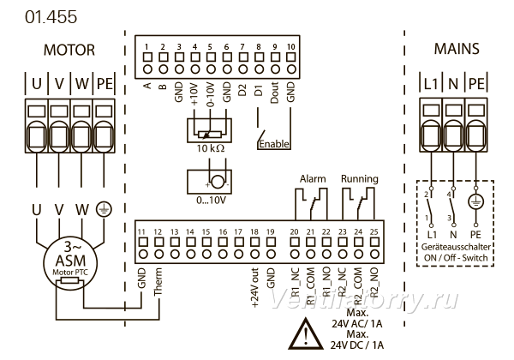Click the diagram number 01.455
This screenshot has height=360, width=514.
pos(51,17)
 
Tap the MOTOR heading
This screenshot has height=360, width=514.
pos(69,51)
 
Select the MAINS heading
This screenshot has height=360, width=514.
pos(457,49)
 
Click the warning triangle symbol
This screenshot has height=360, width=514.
pos(306,333)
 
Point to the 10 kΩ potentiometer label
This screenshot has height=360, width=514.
pos(211,148)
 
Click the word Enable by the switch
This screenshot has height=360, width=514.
pos(274,144)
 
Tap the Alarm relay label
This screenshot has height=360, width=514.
pos(313,179)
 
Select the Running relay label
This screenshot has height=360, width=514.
pos(359,178)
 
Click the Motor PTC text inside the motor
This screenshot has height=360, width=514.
pos(70,272)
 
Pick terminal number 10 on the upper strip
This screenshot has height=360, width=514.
pos(290,46)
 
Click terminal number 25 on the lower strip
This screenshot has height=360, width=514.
pos(374,231)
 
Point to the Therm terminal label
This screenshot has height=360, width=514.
pos(158,281)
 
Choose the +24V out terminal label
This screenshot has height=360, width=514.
pos(254,287)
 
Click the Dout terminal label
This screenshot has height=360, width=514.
pos(274,93)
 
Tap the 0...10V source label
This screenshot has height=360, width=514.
pos(211,200)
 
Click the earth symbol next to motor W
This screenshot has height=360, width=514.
pos(104,209)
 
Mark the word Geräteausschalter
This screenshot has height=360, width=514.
pos(456,247)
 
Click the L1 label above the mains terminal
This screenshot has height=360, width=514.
pos(430,84)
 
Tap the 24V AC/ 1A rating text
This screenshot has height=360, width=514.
pos(356,324)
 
